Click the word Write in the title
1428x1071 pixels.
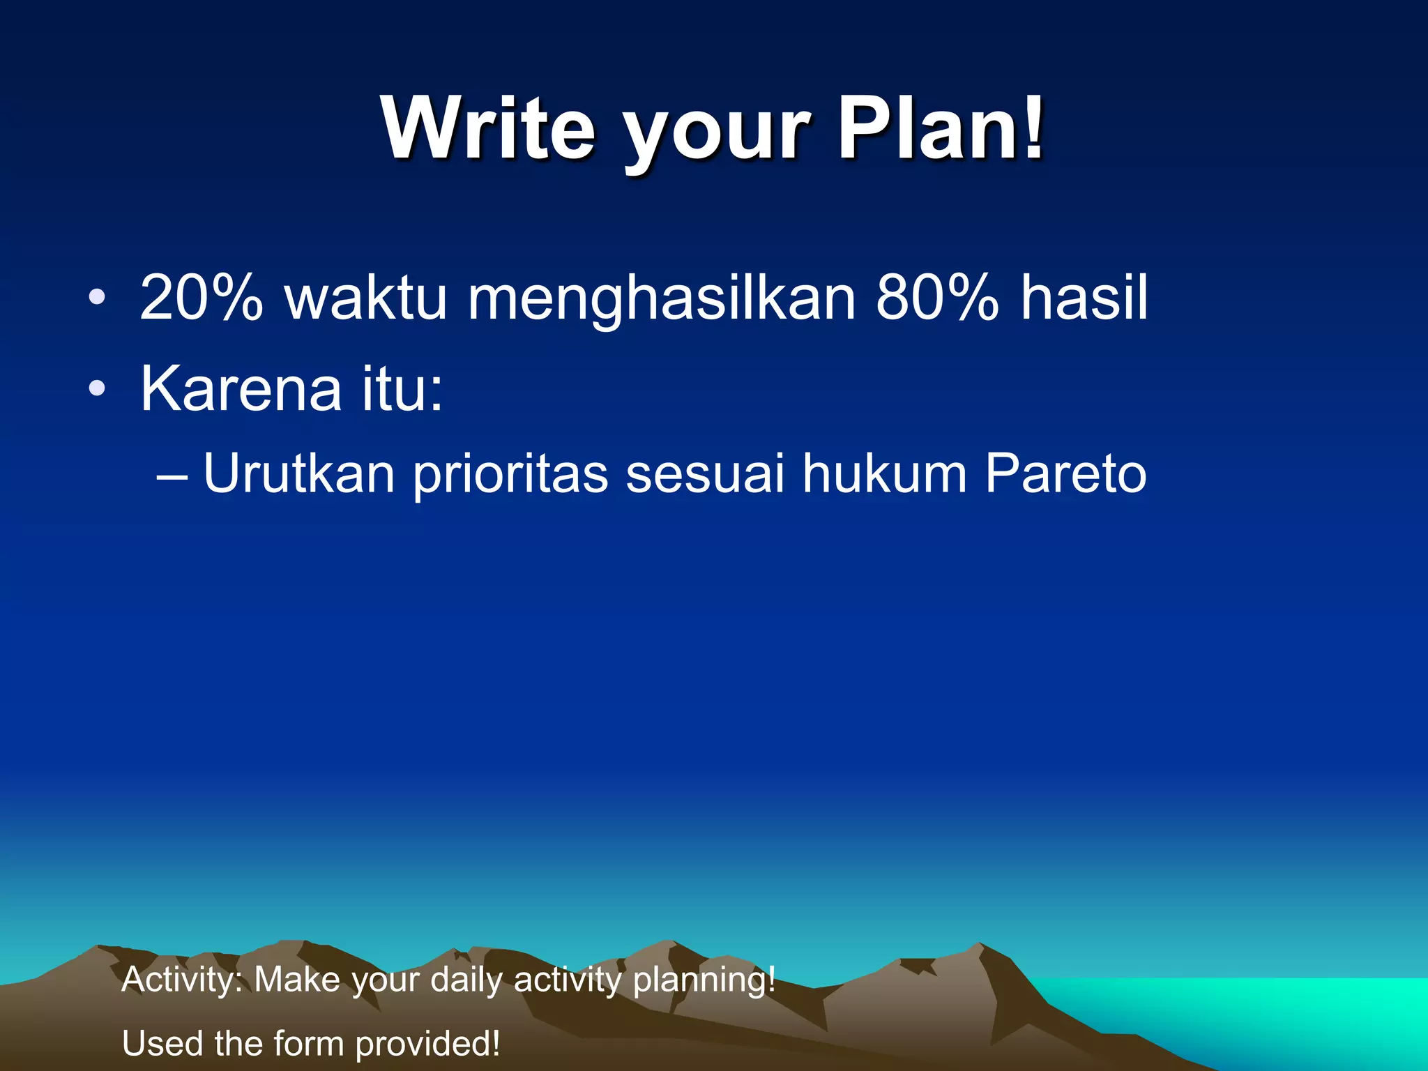tap(488, 128)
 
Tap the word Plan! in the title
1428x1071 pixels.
tap(941, 128)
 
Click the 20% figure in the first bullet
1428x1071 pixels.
tap(202, 298)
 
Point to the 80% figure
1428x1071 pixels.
tap(937, 298)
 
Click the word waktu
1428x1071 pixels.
tap(365, 298)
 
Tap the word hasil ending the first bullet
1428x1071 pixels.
tap(1084, 298)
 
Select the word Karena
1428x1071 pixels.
tap(241, 389)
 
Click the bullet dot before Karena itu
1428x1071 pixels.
tap(98, 389)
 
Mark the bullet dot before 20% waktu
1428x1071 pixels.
tap(98, 298)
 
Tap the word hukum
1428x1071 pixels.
tap(884, 474)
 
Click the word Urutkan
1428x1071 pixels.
tap(299, 474)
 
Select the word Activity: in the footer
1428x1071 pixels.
tap(181, 980)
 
